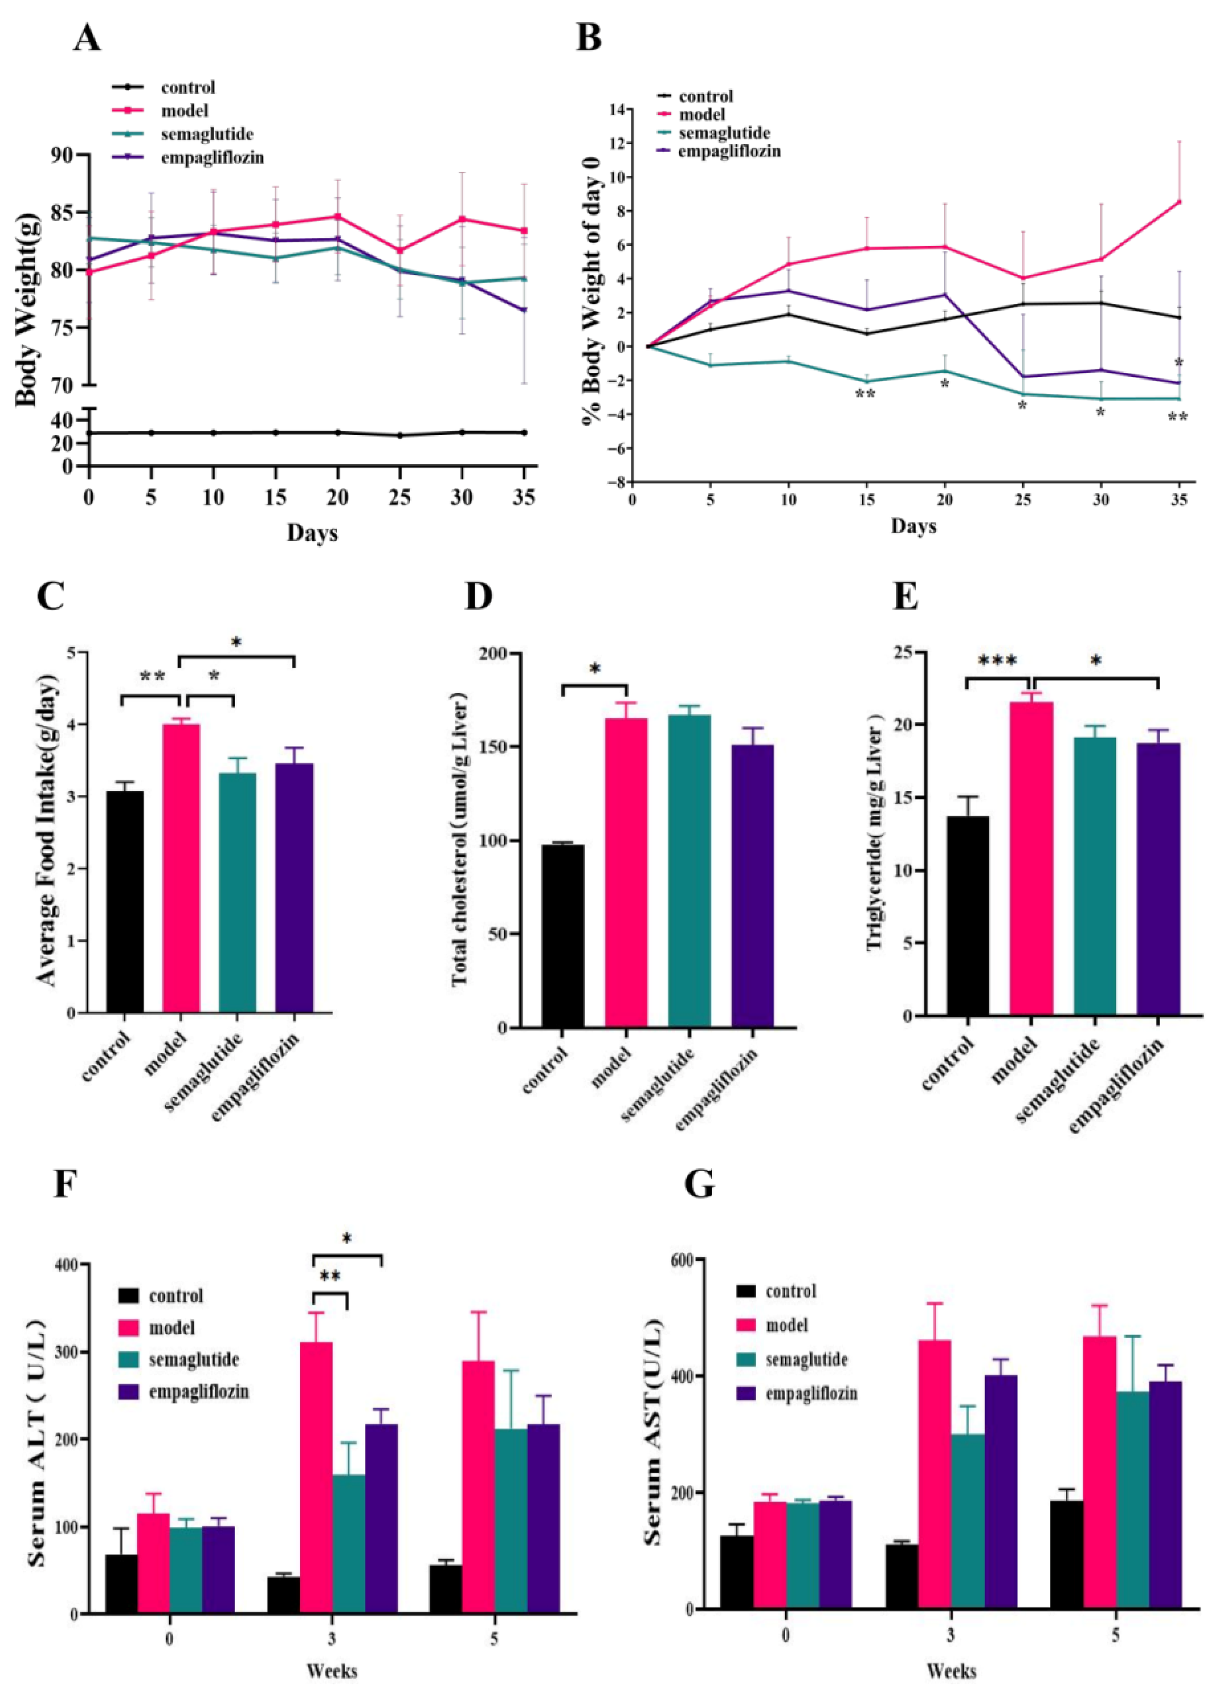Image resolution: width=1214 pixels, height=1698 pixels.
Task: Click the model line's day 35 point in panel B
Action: pos(1179,202)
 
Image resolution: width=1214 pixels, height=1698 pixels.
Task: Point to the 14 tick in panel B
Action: pos(617,109)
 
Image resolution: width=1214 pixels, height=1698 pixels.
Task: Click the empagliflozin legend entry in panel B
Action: pos(729,151)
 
